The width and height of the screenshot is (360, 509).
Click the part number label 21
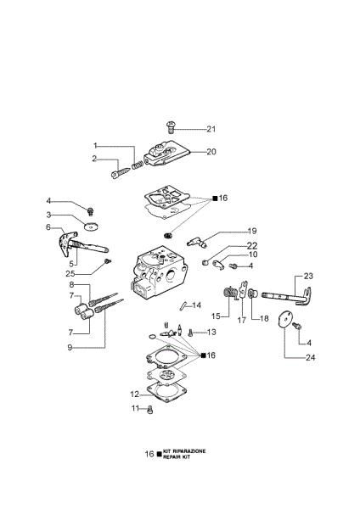click(x=211, y=130)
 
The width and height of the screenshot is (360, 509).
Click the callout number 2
click(x=95, y=159)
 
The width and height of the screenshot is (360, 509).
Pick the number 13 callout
click(x=211, y=332)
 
